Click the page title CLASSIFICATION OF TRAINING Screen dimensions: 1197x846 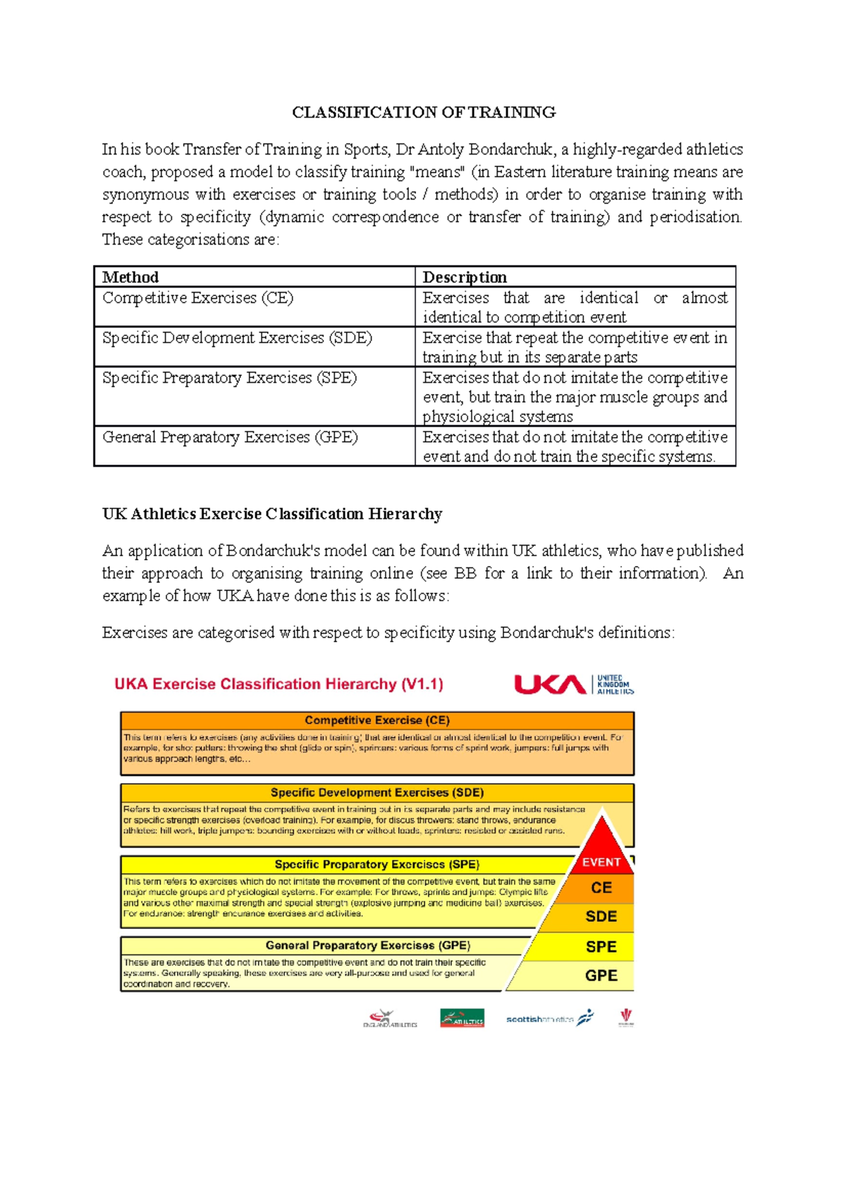[x=424, y=112]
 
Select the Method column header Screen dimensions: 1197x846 [x=130, y=277]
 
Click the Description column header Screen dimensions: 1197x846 [x=465, y=277]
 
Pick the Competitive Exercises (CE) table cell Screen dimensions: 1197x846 [x=198, y=298]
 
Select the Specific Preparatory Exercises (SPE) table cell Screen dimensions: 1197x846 [x=229, y=378]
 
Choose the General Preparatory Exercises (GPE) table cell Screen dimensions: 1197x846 [x=230, y=437]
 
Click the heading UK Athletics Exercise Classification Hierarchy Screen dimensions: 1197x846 [x=272, y=514]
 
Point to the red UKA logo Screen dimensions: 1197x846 [x=550, y=685]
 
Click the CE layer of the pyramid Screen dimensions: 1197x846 [x=601, y=888]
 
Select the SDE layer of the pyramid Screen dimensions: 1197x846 [x=601, y=917]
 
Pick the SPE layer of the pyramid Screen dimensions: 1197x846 [x=601, y=947]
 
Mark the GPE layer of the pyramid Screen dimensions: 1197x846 [x=601, y=976]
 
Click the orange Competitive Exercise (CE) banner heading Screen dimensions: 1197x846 [x=377, y=720]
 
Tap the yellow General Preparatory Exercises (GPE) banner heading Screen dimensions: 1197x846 [x=367, y=945]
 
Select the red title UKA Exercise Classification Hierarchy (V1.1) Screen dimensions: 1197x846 [x=278, y=684]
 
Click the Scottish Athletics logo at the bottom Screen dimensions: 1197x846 [x=549, y=1019]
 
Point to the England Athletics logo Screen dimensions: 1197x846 [x=390, y=1019]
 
